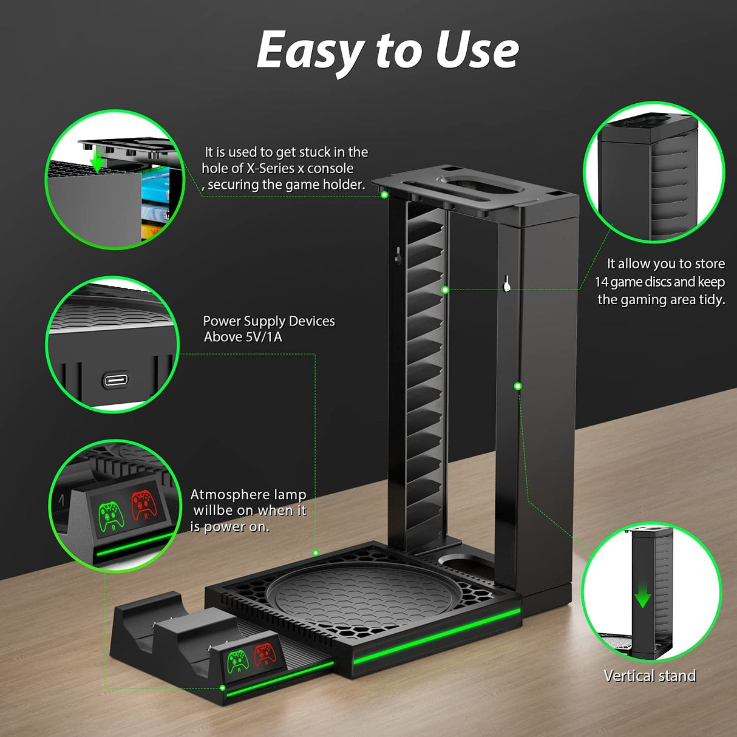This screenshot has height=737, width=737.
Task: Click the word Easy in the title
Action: pyautogui.click(x=310, y=51)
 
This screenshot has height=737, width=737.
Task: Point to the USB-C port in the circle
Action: pyautogui.click(x=115, y=381)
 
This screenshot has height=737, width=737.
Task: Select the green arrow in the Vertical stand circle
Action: pyautogui.click(x=642, y=599)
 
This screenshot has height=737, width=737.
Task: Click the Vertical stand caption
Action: pyautogui.click(x=650, y=676)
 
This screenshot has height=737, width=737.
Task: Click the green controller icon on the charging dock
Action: pyautogui.click(x=237, y=661)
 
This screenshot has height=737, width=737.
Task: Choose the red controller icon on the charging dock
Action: pyautogui.click(x=264, y=654)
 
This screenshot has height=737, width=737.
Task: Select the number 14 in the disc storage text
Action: pyautogui.click(x=601, y=282)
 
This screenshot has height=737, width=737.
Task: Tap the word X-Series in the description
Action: pyautogui.click(x=270, y=169)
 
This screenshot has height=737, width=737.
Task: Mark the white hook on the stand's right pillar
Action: pyautogui.click(x=506, y=283)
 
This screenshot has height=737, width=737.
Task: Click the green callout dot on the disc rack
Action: pyautogui.click(x=445, y=290)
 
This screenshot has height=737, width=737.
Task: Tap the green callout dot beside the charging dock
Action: pyautogui.click(x=222, y=688)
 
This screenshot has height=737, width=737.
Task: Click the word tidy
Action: pyautogui.click(x=711, y=300)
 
